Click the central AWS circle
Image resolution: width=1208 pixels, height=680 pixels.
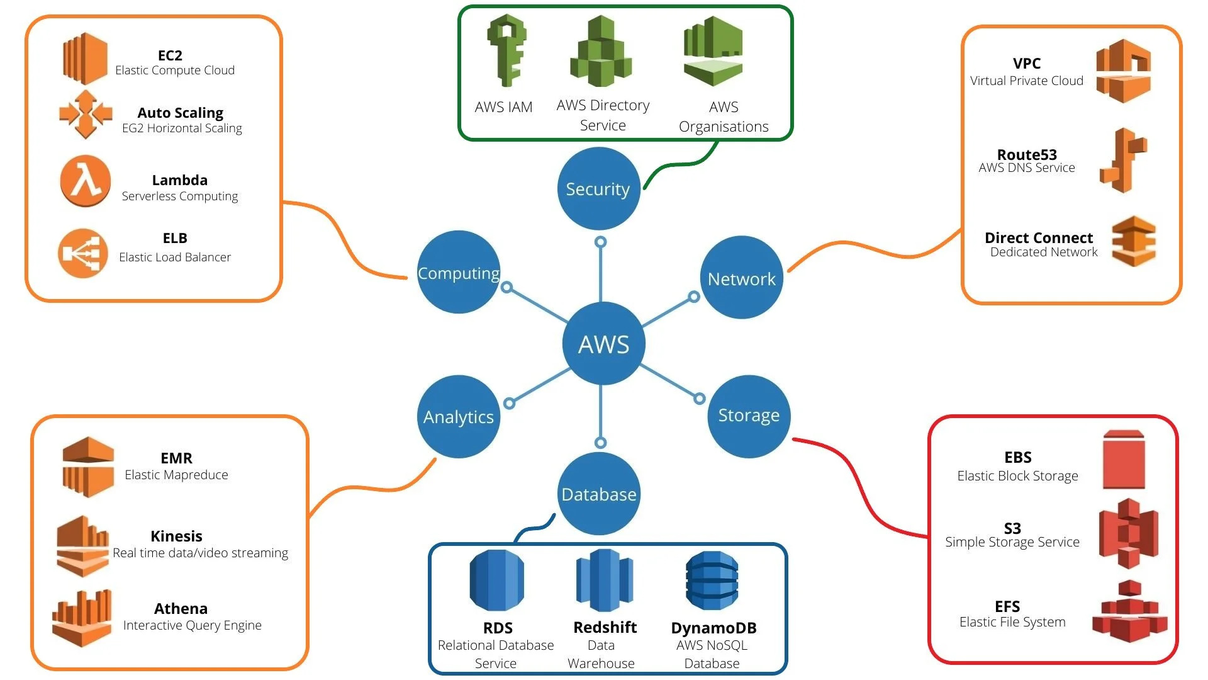[x=603, y=344]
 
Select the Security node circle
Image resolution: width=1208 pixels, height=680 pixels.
[x=598, y=188]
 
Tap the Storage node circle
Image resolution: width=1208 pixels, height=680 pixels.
[x=749, y=416]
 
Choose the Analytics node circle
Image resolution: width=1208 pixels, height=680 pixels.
[x=459, y=416]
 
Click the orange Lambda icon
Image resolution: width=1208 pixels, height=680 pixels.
[x=86, y=181]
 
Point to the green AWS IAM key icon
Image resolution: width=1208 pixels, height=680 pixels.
[x=506, y=51]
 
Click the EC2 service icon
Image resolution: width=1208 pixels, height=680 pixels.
[x=85, y=59]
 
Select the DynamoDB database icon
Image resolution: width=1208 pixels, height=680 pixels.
[x=712, y=581]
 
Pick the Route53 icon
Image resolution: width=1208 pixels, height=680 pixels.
[x=1123, y=160]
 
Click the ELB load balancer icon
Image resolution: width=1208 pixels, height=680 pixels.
[x=82, y=253]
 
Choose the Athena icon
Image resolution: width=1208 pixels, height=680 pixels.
[x=82, y=618]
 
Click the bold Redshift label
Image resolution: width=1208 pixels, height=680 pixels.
[x=605, y=627]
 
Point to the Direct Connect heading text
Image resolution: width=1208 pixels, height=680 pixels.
[x=1038, y=237]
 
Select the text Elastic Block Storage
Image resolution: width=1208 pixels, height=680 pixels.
[x=1017, y=476]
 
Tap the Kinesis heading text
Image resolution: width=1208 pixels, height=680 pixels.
[x=176, y=536]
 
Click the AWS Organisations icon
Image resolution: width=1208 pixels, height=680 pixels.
[x=713, y=52]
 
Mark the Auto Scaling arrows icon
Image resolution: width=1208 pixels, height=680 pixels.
[x=86, y=114]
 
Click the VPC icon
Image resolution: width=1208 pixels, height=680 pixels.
[x=1123, y=71]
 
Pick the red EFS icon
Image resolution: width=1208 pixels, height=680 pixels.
[x=1129, y=611]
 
